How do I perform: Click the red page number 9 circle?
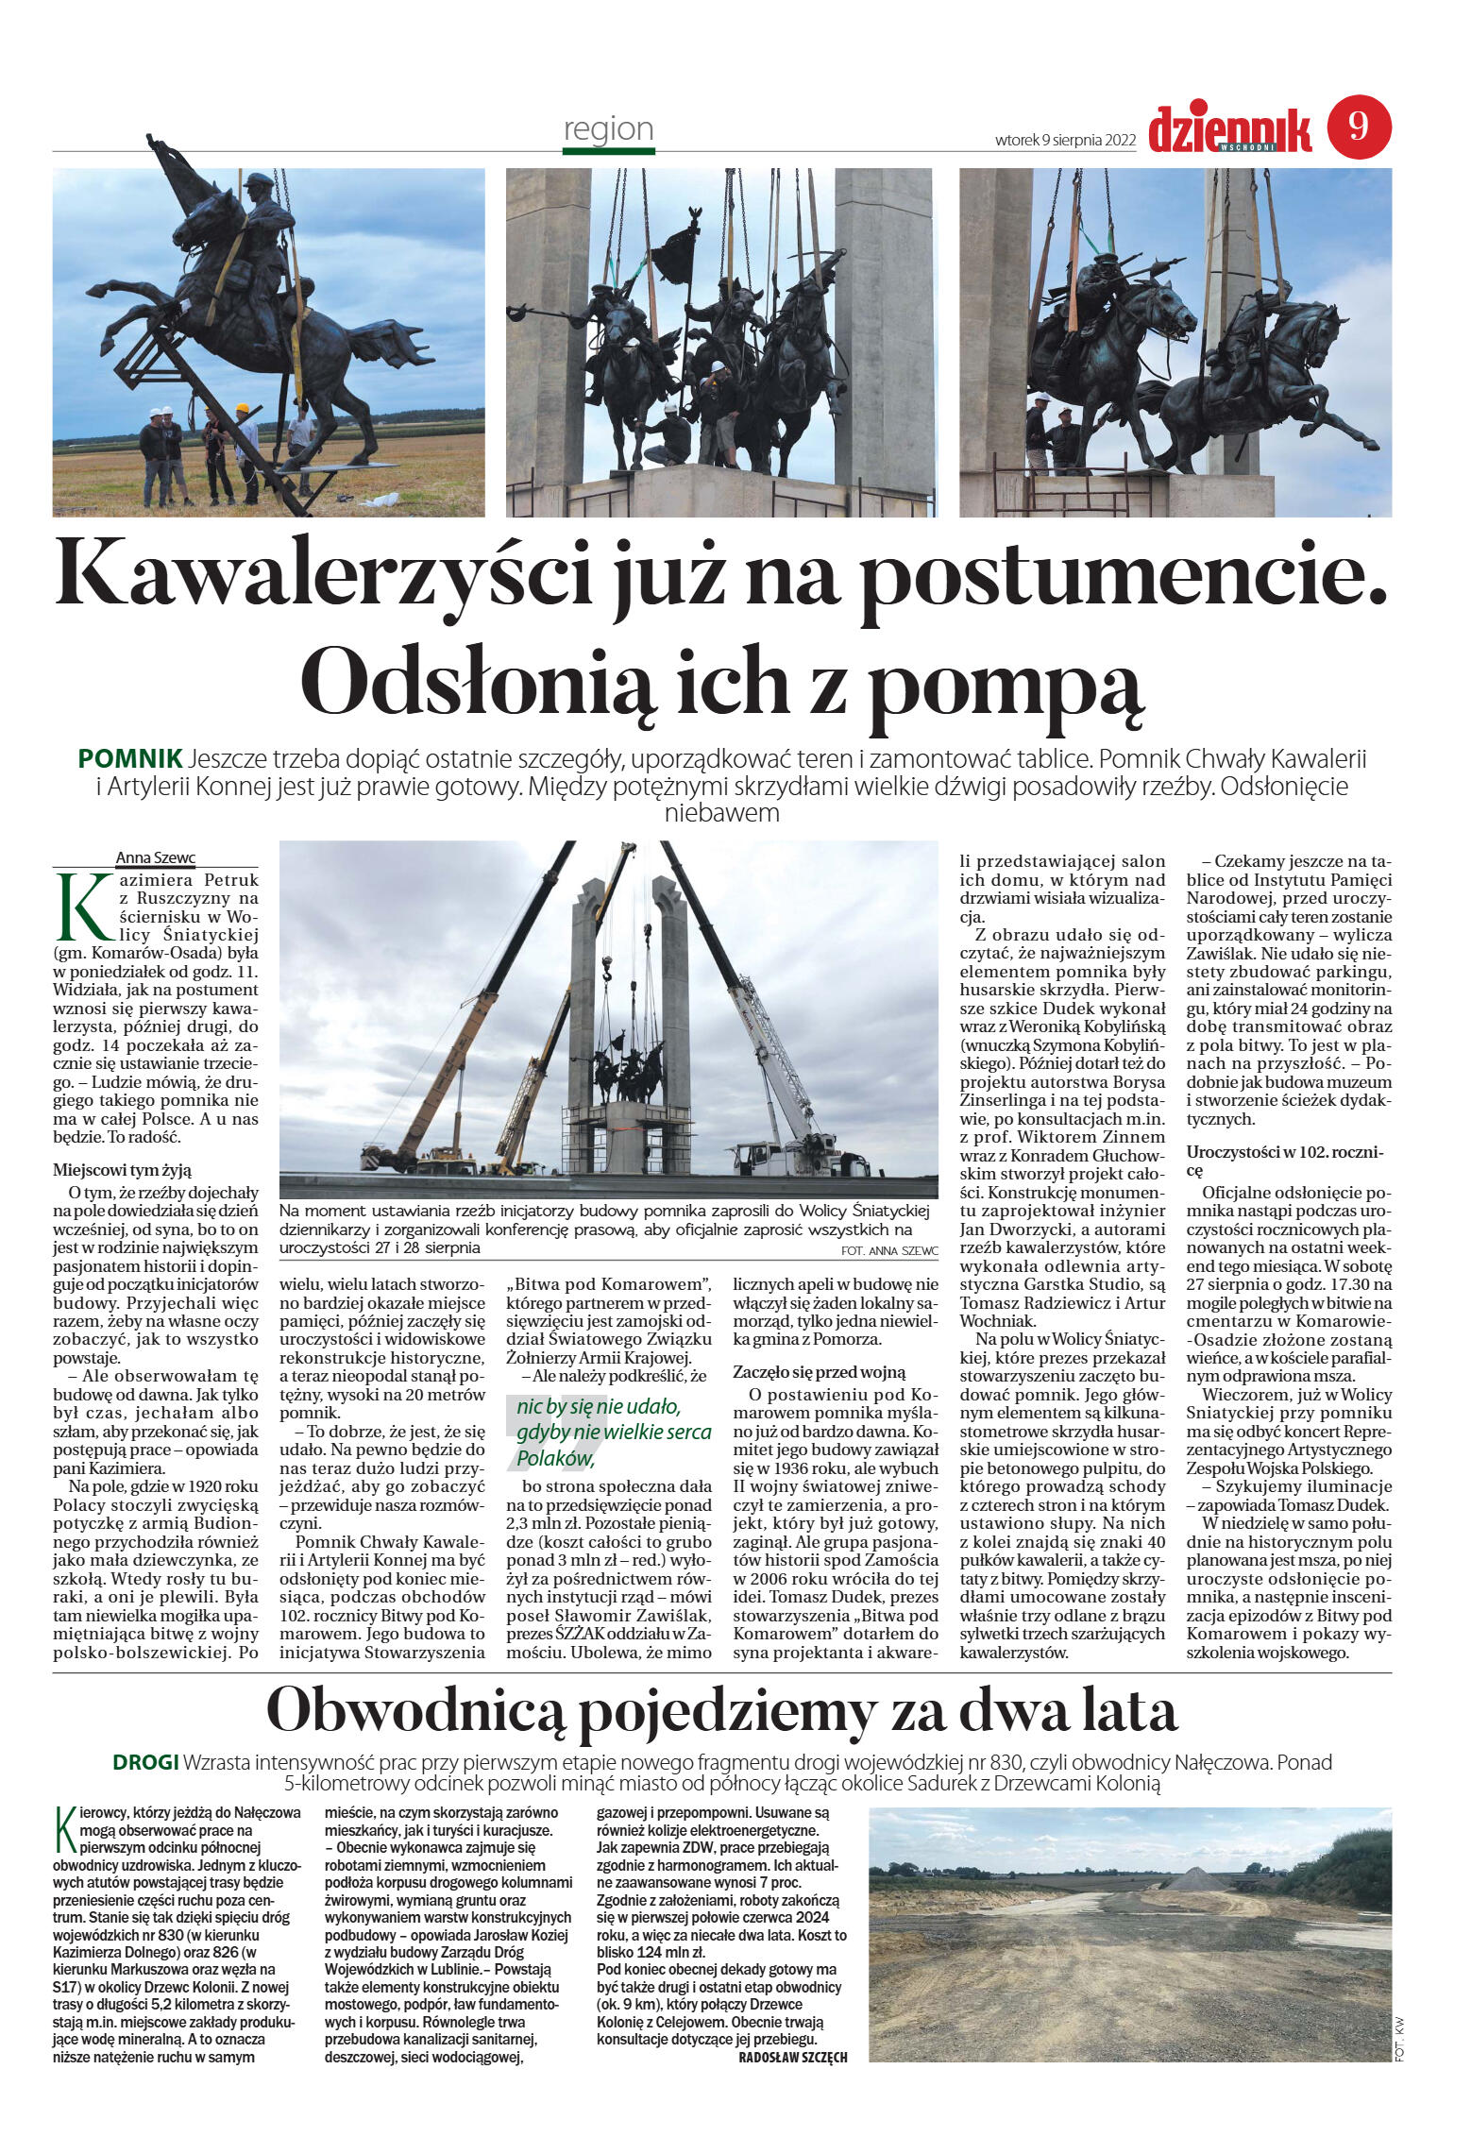point(1359,127)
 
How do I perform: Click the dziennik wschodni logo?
point(1229,130)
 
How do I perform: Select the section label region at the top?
point(608,128)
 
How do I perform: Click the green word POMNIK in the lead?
point(130,758)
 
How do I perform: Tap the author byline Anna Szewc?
point(155,857)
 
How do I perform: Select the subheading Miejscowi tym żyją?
point(122,1169)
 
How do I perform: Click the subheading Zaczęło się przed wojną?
point(819,1372)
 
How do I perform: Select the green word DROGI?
point(145,1761)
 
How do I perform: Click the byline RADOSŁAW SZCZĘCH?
point(792,2057)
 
